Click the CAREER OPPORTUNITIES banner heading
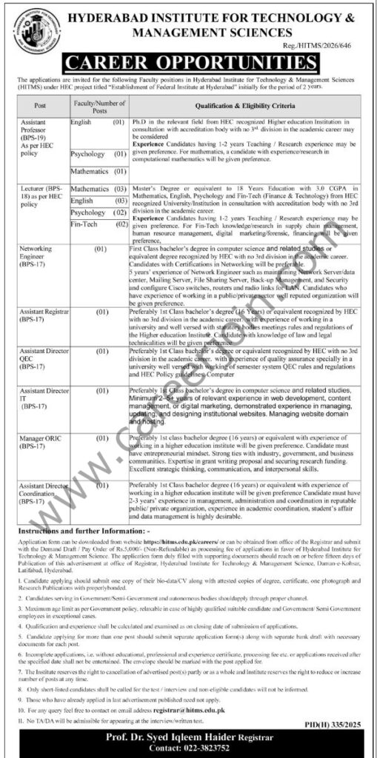(188, 58)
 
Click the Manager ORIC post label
(40, 443)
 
